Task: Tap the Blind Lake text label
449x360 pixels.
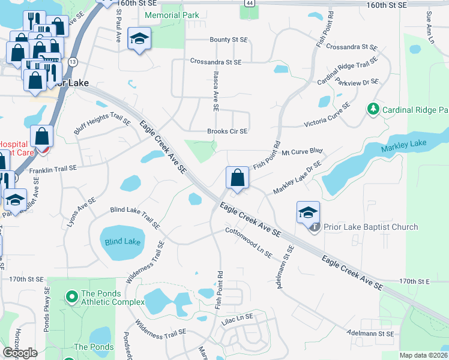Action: (x=122, y=241)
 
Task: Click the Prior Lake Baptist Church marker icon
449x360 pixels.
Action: (x=314, y=227)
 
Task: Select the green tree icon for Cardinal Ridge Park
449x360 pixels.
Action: (x=373, y=109)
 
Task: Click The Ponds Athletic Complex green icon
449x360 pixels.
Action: (x=71, y=296)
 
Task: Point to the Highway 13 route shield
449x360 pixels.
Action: (x=73, y=61)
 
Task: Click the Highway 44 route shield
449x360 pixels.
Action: (x=249, y=4)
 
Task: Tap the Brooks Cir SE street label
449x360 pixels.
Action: (x=228, y=131)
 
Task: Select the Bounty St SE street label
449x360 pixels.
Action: (x=229, y=40)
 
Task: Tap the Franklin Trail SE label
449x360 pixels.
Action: (x=53, y=170)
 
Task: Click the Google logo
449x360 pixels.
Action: (x=20, y=352)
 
